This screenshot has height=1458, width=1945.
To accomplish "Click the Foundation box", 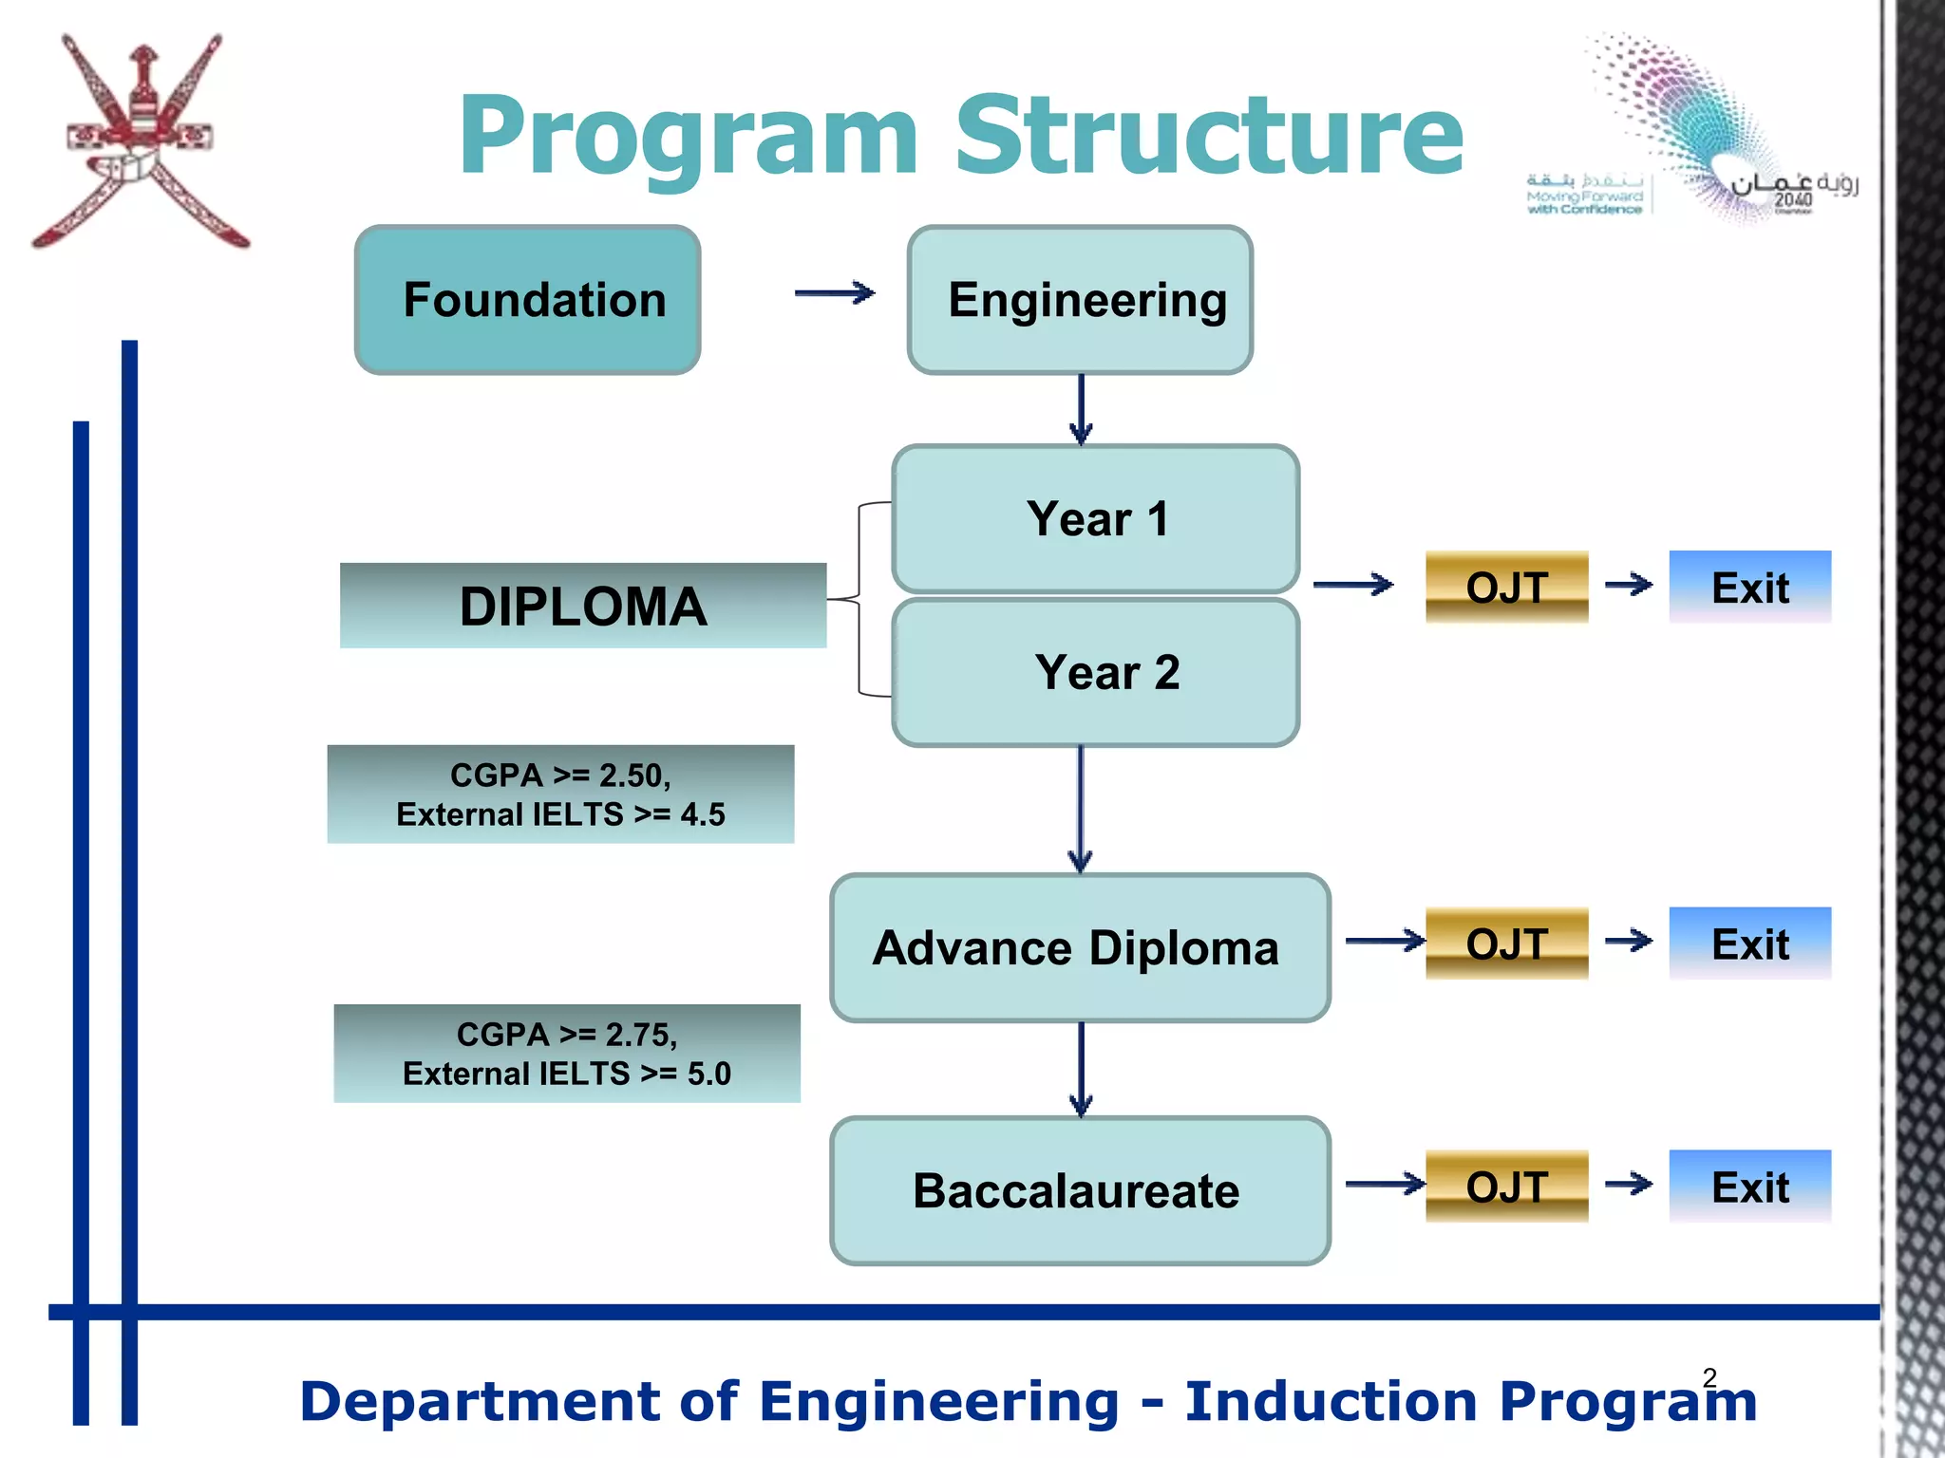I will coord(527,300).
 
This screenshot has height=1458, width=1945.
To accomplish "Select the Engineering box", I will coord(1080,300).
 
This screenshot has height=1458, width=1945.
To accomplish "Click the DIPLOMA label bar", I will coord(582,606).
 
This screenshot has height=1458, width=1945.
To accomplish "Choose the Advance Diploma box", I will coord(1080,947).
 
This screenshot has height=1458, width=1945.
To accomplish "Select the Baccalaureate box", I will coord(1080,1190).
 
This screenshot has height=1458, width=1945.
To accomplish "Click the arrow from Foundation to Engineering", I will coord(834,293).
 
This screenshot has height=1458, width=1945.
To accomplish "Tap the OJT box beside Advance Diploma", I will coord(1506,944).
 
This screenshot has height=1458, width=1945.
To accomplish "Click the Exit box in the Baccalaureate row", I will coord(1749,1187).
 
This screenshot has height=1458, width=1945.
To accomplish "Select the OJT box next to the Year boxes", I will coord(1506,587).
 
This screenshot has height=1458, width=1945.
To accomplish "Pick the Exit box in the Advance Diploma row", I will coord(1749,944).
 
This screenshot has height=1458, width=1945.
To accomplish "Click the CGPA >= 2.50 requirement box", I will coord(560,794).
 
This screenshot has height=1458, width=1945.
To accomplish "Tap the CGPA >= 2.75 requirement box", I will coord(567,1054).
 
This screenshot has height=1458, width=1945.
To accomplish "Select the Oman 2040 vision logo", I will coord(1700,133).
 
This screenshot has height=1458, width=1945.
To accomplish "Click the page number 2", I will coord(1709,1376).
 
